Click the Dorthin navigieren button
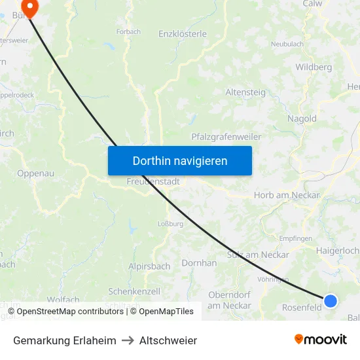point(180,160)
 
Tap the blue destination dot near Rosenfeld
point(331,300)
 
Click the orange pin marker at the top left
point(29,6)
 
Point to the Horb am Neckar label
point(286,195)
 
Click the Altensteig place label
point(245,92)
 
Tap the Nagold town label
point(302,118)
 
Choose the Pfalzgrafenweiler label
point(226,137)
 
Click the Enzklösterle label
point(183,33)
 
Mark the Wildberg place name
point(314,67)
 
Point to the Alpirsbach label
point(149,266)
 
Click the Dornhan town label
point(200,262)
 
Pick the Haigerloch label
point(337,250)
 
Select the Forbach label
point(128,31)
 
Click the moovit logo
point(320,339)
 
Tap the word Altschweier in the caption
point(168,340)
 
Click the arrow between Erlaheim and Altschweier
point(128,340)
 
